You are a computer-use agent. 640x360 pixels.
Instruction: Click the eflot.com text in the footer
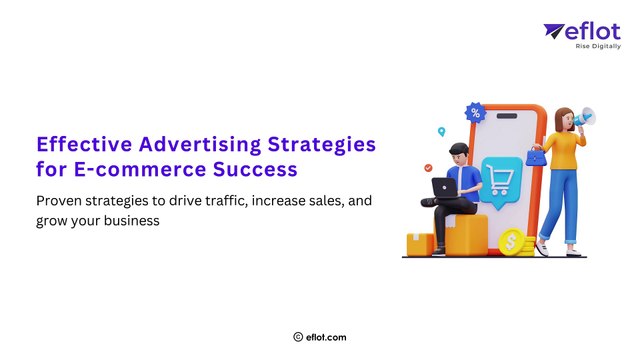(x=326, y=338)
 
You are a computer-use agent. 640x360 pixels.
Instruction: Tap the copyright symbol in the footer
(x=298, y=338)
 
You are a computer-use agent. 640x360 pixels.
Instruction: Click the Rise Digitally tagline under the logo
(x=596, y=46)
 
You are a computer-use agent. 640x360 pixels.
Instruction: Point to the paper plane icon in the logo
(x=554, y=32)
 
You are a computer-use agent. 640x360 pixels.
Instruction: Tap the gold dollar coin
(x=513, y=241)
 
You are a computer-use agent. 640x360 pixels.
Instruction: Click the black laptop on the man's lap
(x=443, y=186)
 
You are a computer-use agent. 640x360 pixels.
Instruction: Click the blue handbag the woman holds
(x=538, y=156)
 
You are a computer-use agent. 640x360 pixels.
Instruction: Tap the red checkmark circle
(x=428, y=168)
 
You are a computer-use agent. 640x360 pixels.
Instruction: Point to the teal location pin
(x=440, y=131)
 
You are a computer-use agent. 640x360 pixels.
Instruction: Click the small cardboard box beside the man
(x=419, y=243)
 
